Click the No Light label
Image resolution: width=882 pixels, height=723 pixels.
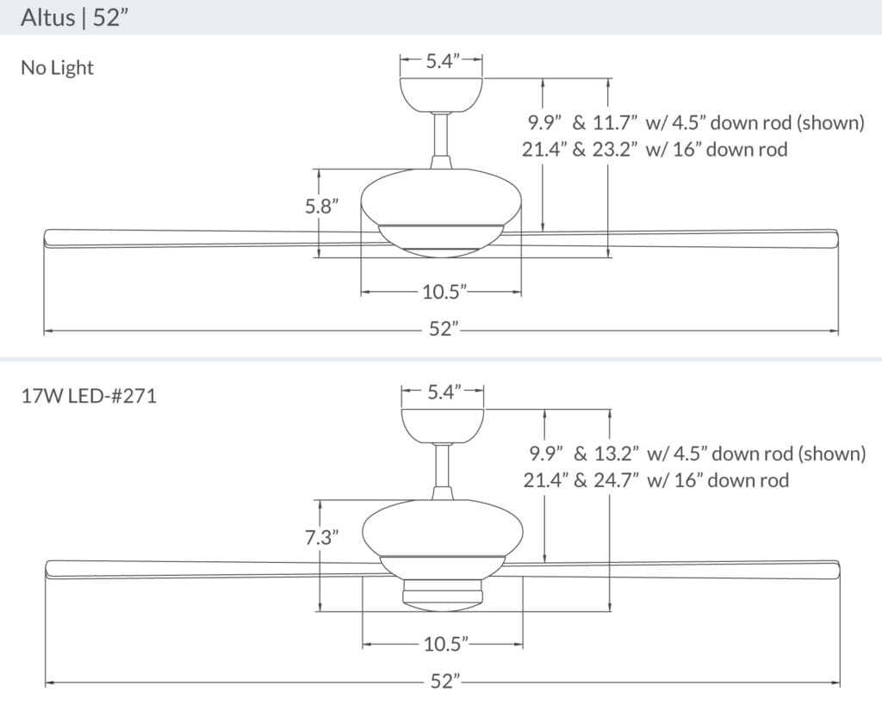tap(57, 68)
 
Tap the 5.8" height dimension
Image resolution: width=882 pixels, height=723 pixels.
tap(321, 207)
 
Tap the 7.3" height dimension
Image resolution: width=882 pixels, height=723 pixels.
tap(321, 539)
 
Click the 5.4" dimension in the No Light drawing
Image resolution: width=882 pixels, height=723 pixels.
tap(441, 61)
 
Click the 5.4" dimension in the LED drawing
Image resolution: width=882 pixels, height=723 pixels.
tap(444, 392)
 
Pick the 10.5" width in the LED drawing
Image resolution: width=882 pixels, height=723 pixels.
tap(444, 643)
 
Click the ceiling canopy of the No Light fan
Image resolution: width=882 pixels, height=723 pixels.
tap(441, 94)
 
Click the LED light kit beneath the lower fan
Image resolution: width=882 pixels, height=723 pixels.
tap(442, 592)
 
